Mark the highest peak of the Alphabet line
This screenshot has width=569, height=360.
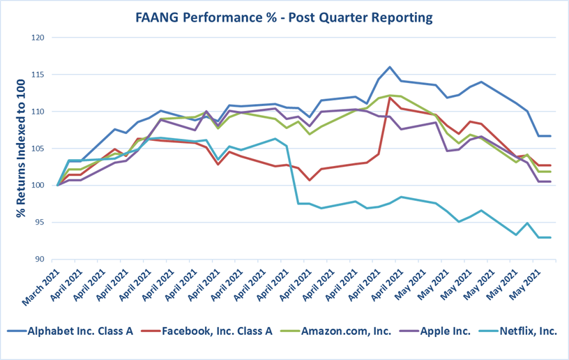(390, 67)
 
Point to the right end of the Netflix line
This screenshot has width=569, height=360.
(551, 237)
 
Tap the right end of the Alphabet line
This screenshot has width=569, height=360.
(551, 136)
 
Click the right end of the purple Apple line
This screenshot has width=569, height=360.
(551, 181)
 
